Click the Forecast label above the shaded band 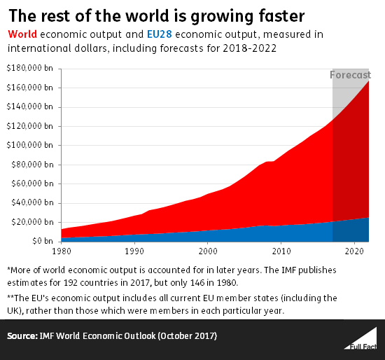click(x=351, y=75)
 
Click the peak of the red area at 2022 click(x=369, y=81)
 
